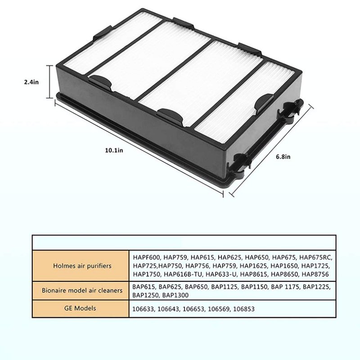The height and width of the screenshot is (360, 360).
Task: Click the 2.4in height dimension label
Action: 31,82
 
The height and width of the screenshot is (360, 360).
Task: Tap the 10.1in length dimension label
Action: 114,150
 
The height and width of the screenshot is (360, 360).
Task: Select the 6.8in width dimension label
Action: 283,157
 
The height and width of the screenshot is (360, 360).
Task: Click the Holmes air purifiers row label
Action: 82,266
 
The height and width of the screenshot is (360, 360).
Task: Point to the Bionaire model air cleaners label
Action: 82,290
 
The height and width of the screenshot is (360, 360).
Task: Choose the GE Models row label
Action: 80,308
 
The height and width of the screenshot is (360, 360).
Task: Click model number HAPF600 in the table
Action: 147,257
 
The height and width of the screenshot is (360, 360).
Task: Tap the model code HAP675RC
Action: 316,257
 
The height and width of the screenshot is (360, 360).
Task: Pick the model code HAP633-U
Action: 221,274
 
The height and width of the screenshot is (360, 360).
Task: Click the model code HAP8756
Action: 315,274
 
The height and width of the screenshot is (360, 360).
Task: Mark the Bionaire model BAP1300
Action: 175,295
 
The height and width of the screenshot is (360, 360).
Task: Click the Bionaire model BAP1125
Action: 224,287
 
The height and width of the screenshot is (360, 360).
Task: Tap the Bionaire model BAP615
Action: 144,287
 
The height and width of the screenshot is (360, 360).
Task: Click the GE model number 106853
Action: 244,309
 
